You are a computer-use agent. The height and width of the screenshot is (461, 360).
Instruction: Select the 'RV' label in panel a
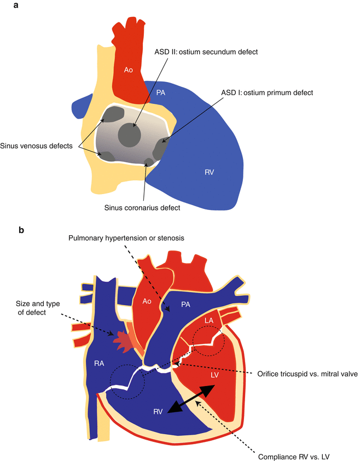209,172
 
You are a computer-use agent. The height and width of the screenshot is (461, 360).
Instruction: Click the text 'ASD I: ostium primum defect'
268,93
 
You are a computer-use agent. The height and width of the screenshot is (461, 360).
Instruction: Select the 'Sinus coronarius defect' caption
141,208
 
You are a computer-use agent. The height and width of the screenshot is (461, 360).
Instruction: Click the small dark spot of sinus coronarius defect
148,161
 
